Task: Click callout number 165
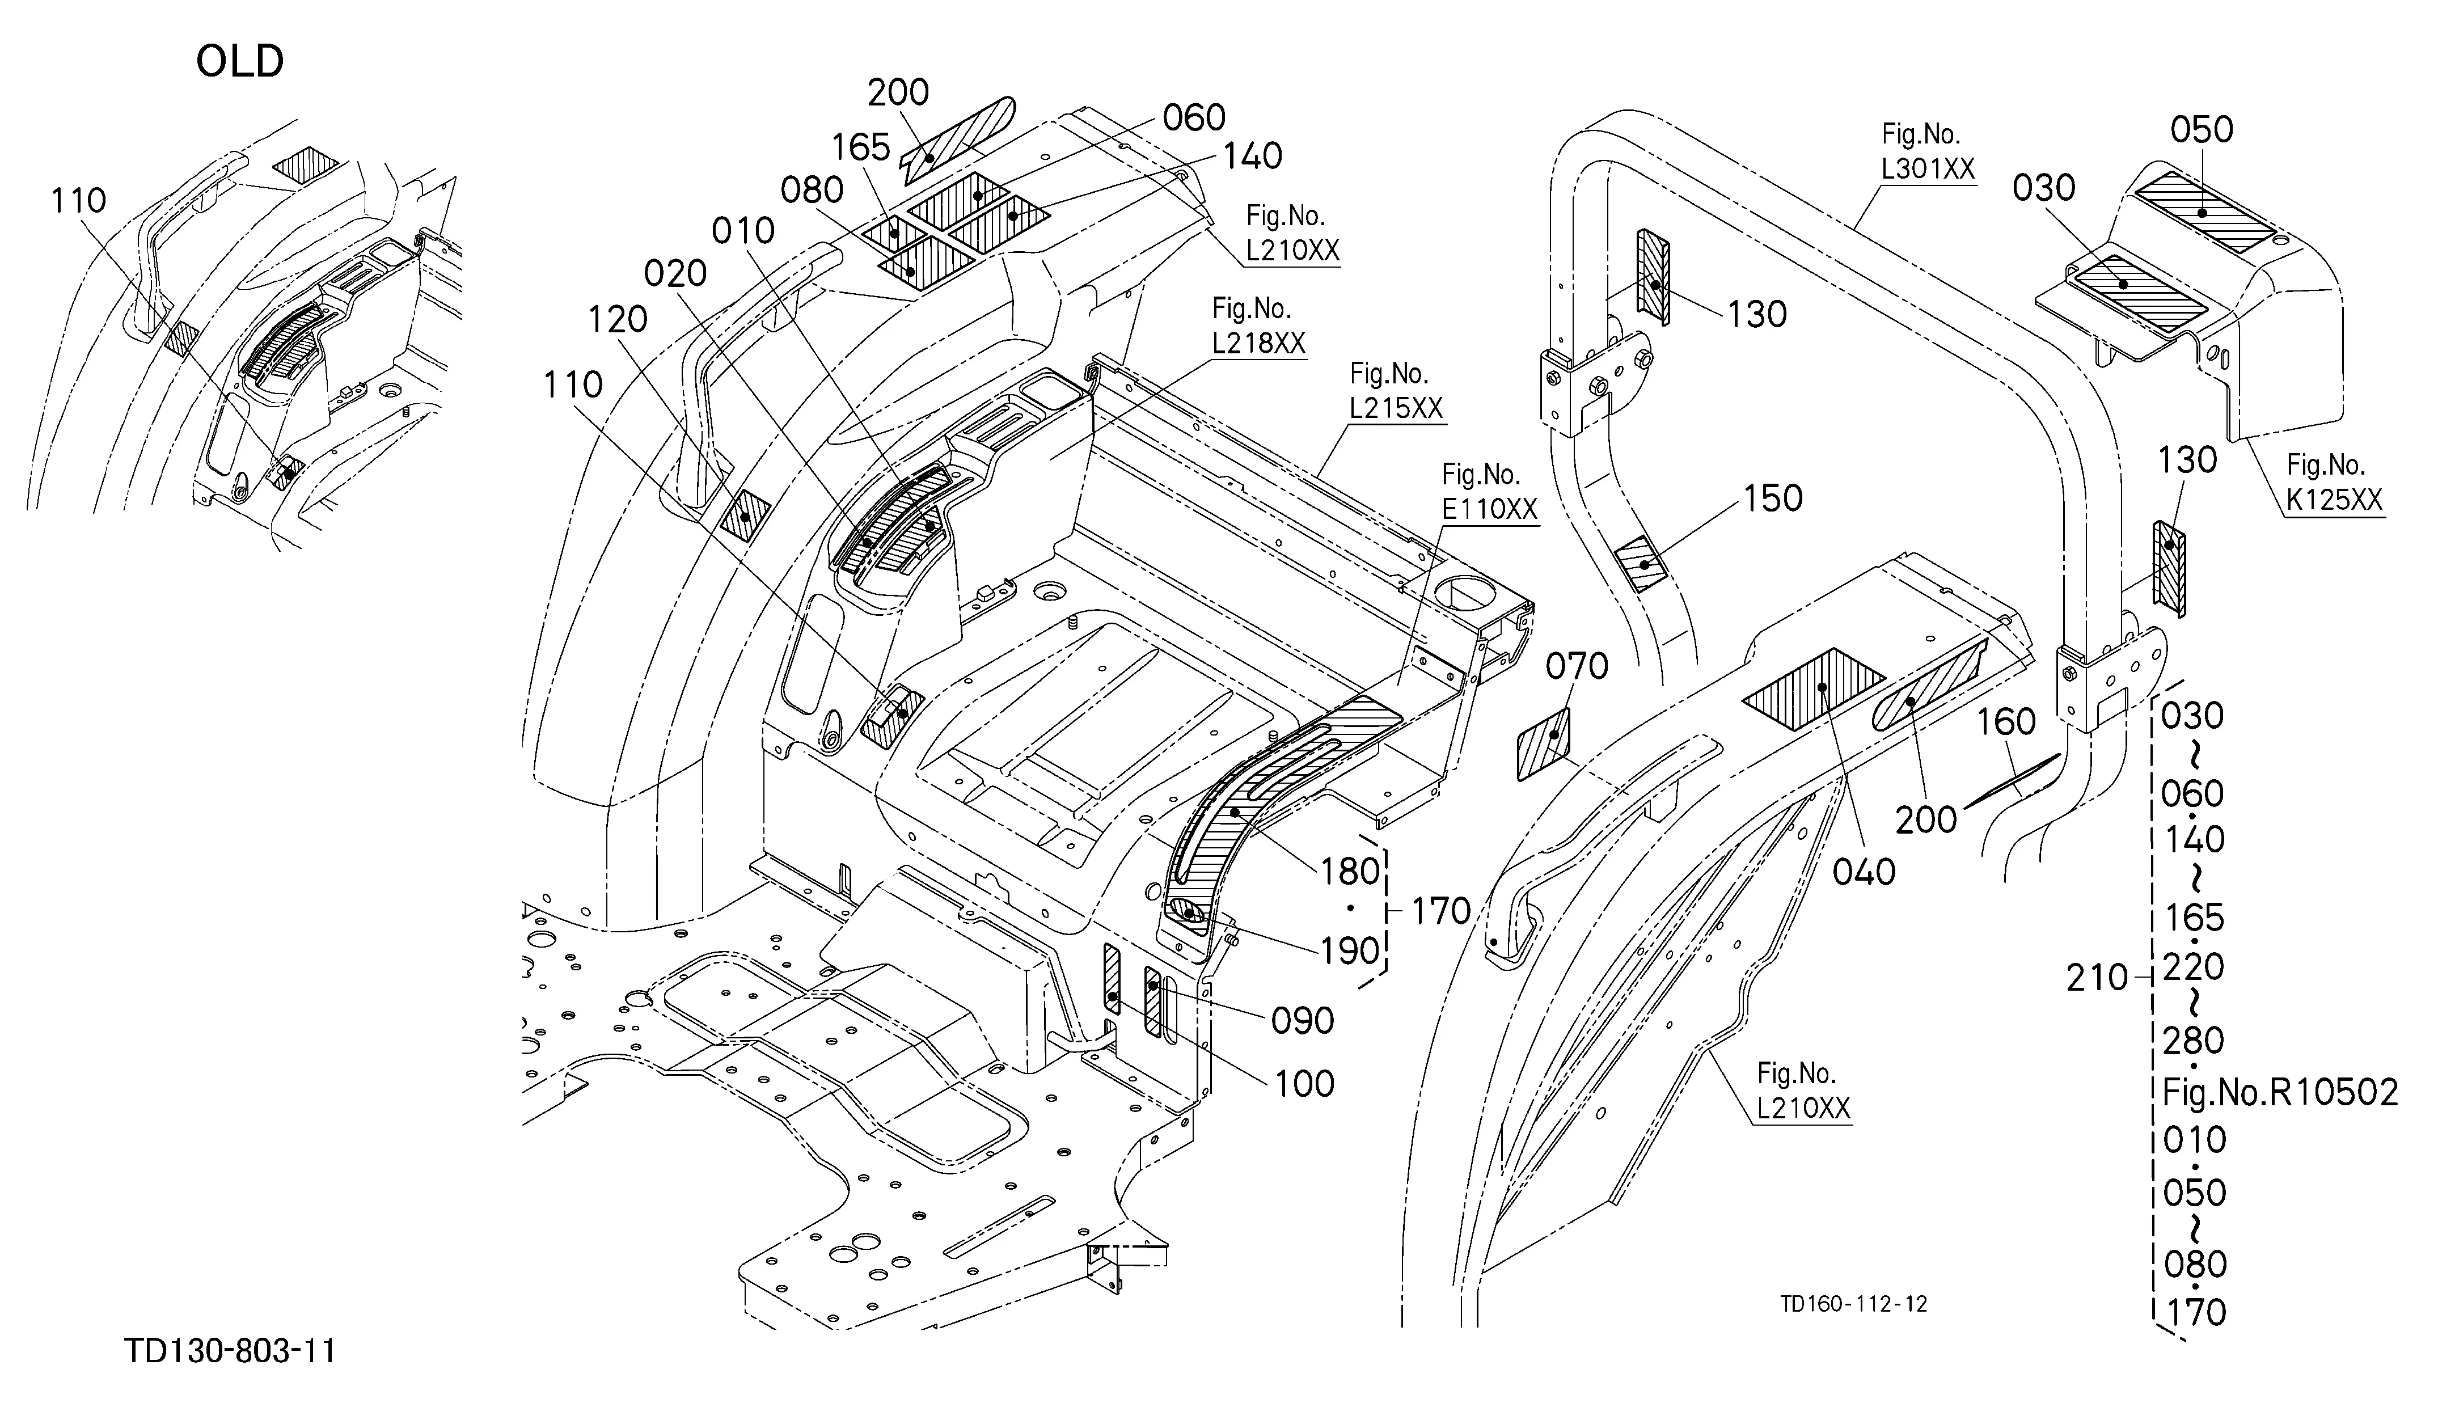(860, 148)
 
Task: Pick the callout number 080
(813, 189)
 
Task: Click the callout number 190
(1351, 951)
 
